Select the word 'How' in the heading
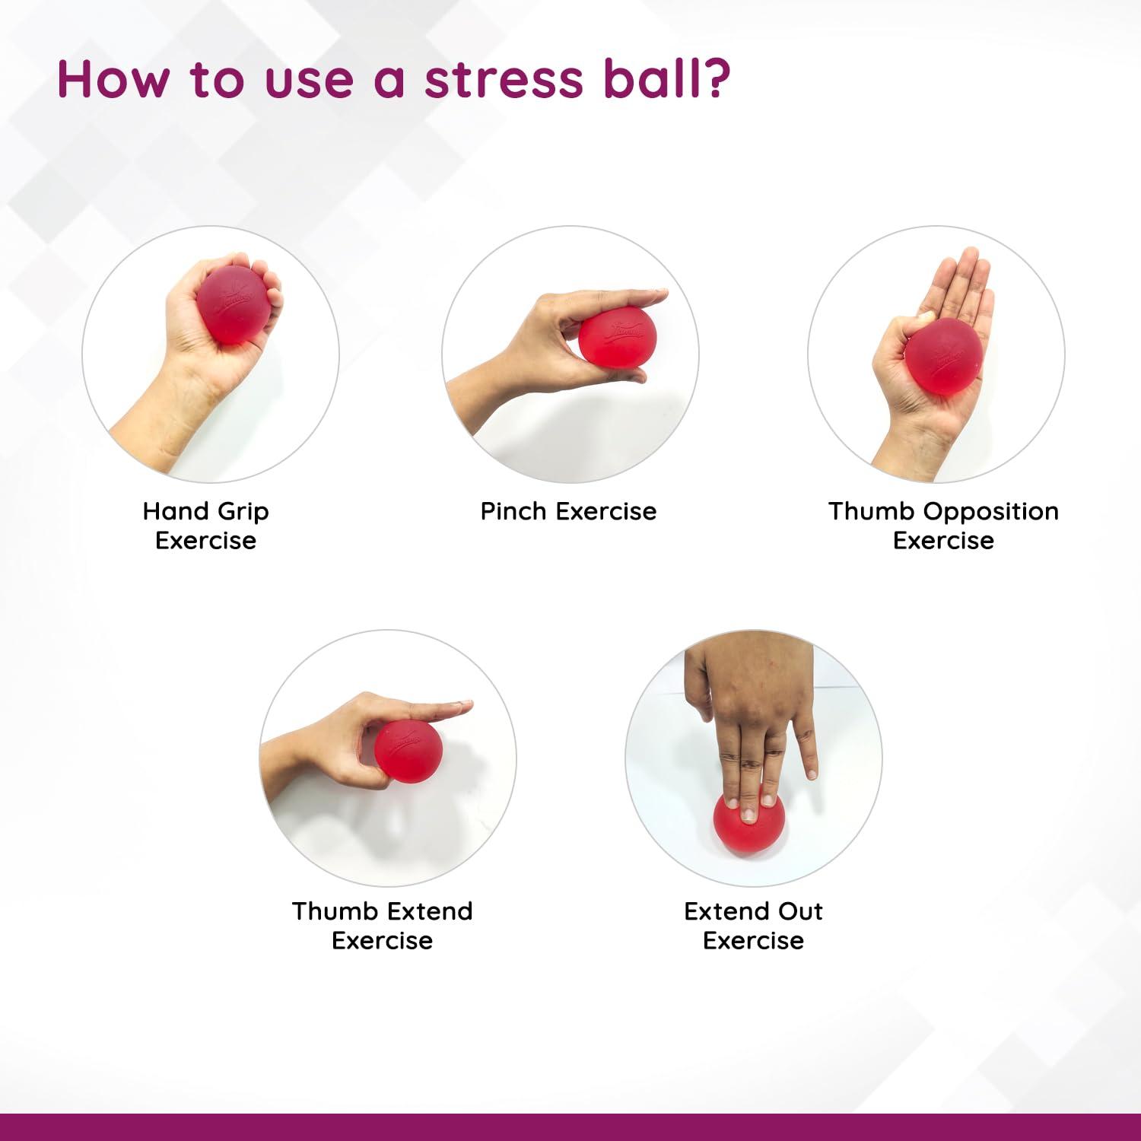[x=113, y=78]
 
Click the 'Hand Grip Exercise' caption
[x=205, y=526]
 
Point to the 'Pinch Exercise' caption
[x=568, y=511]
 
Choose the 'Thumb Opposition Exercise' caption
[x=943, y=526]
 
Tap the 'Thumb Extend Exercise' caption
[x=382, y=926]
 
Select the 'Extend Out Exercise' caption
[x=753, y=926]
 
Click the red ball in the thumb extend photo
[x=408, y=749]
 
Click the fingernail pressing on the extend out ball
[x=748, y=815]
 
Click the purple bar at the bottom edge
[x=570, y=1127]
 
